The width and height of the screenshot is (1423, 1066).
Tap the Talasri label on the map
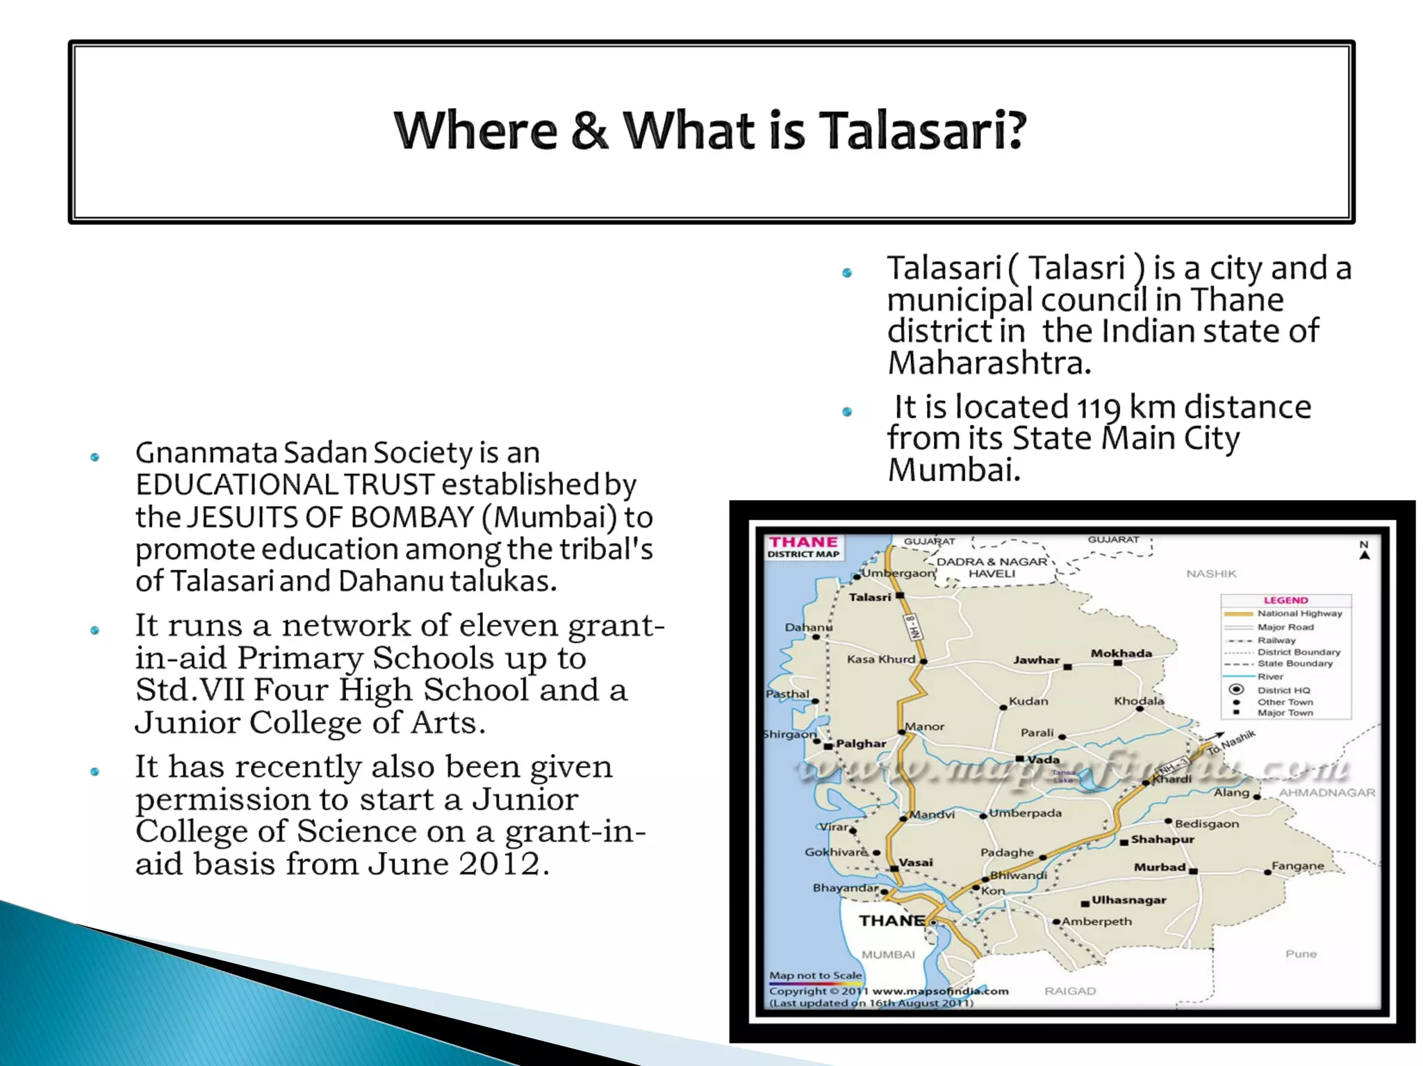tap(869, 597)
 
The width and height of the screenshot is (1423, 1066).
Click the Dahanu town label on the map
tap(808, 627)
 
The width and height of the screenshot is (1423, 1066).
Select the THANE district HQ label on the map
tap(891, 921)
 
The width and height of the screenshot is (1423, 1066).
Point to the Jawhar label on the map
tap(1036, 660)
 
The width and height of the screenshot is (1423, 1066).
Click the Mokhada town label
tap(1121, 653)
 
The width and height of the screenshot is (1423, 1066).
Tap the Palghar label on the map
tap(860, 743)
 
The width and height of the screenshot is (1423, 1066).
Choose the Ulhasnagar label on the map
tap(1128, 900)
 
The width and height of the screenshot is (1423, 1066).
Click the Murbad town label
tap(1159, 867)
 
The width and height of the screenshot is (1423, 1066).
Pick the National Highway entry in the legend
tap(1299, 614)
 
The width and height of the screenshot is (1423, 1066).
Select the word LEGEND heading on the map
tap(1285, 600)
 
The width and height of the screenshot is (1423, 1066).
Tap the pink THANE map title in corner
tap(803, 542)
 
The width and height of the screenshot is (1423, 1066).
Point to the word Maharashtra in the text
tap(989, 363)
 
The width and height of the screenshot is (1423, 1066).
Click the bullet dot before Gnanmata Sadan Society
tap(95, 457)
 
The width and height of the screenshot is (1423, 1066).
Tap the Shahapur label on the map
tap(1162, 840)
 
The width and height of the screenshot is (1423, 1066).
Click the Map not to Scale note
tap(815, 976)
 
